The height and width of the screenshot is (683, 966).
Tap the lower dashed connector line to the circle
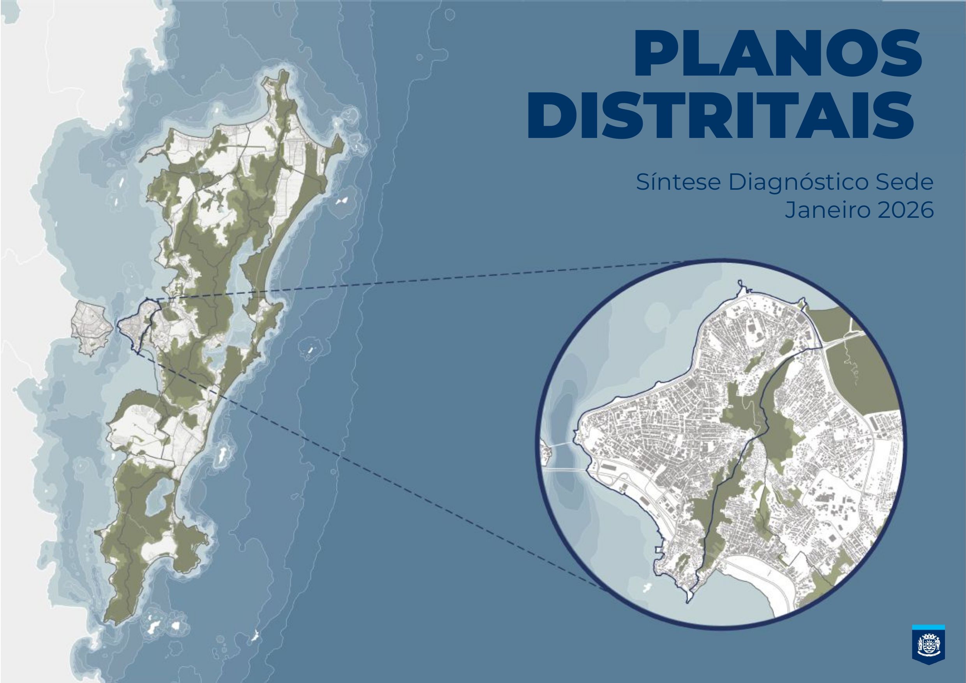tap(379, 476)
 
